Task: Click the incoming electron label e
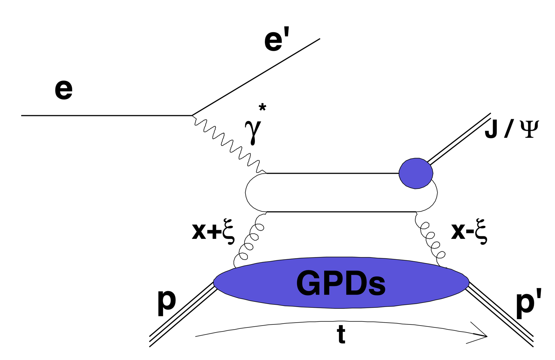[63, 90]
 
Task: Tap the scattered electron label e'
[276, 40]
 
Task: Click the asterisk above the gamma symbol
[262, 108]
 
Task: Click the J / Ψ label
[511, 129]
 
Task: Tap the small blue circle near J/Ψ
[416, 173]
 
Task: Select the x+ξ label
[213, 233]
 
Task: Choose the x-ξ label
[469, 233]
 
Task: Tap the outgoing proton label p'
[528, 303]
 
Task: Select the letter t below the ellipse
[341, 335]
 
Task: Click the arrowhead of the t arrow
[480, 336]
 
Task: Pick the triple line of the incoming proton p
[182, 315]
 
